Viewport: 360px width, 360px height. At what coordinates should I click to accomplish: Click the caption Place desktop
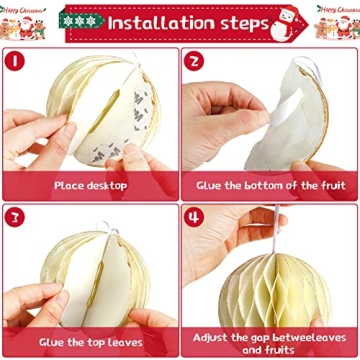click(91, 185)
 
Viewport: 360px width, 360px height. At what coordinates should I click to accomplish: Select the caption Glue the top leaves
click(91, 342)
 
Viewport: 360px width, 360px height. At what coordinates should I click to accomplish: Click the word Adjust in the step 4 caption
click(214, 336)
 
